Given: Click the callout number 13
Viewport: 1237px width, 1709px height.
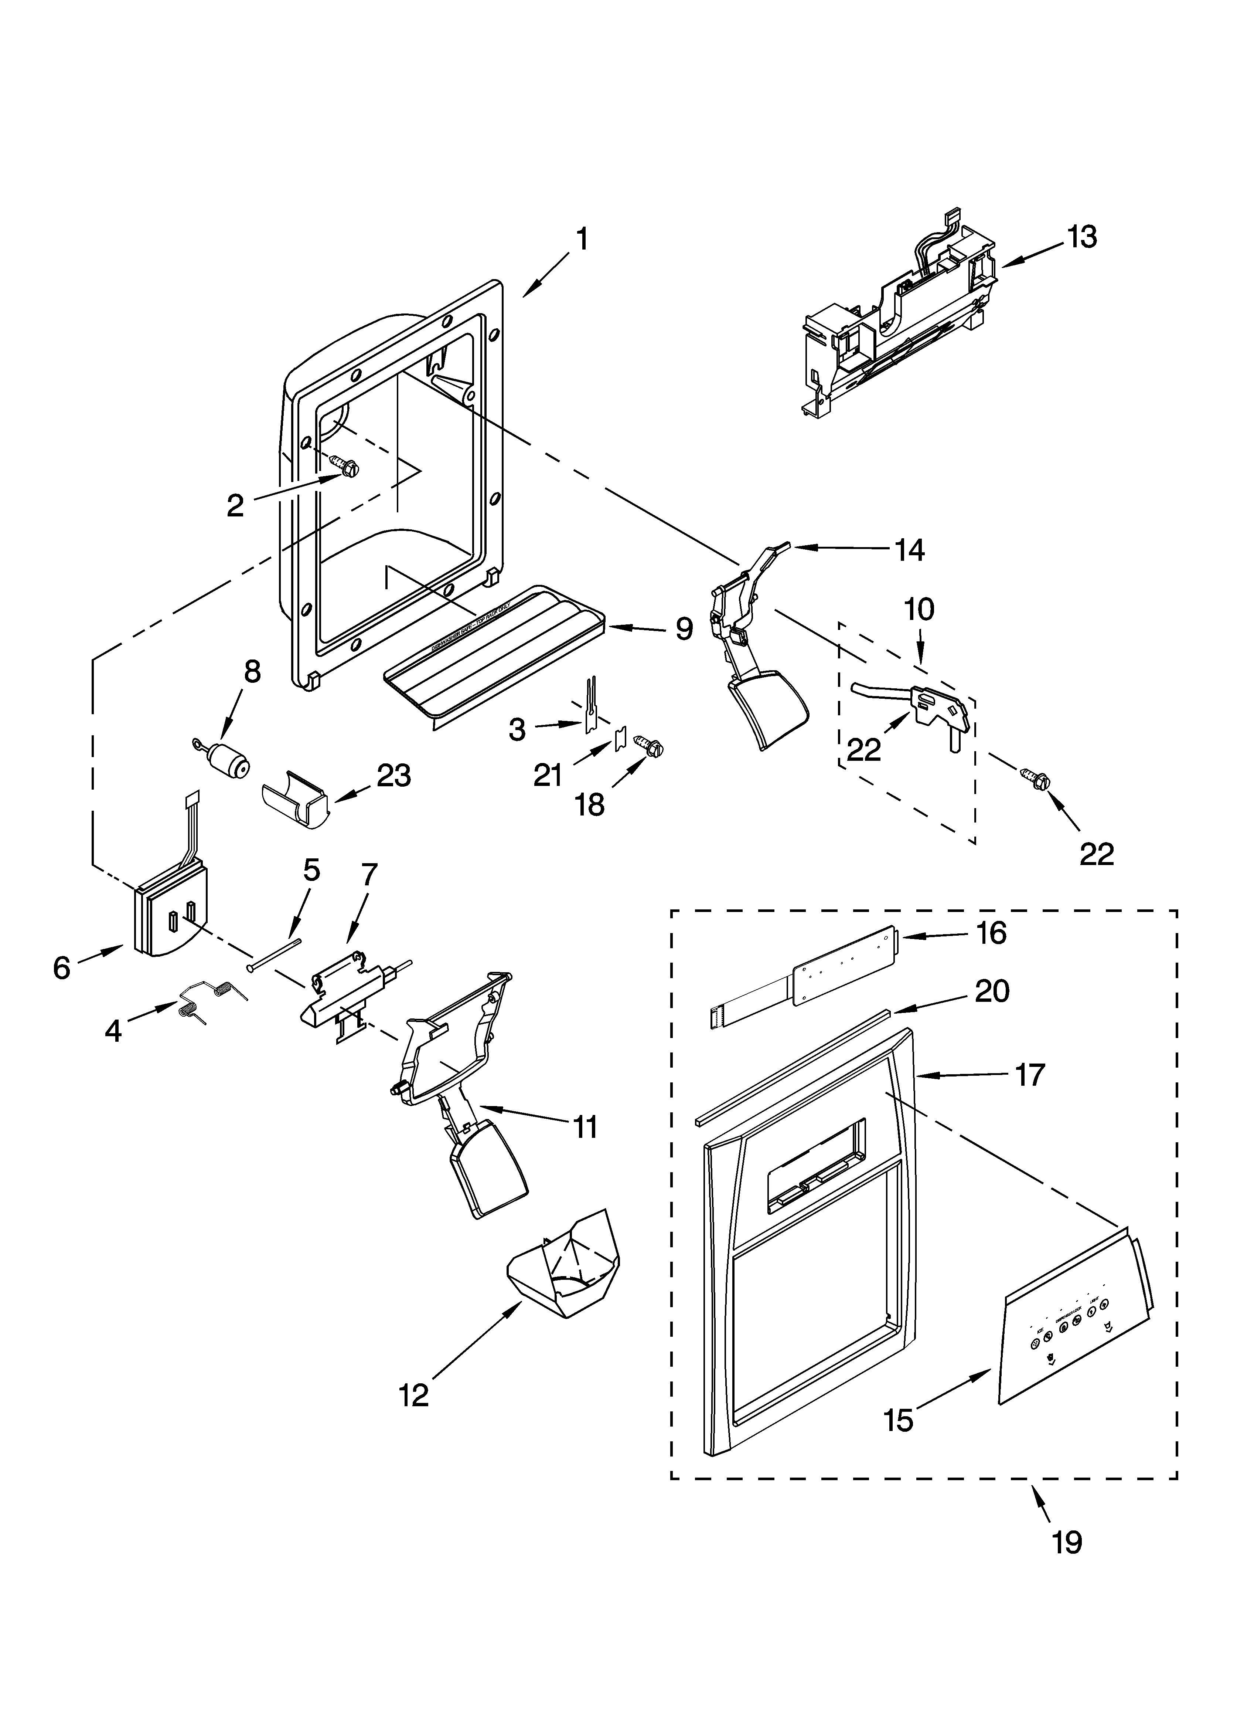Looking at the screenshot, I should [1082, 237].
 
